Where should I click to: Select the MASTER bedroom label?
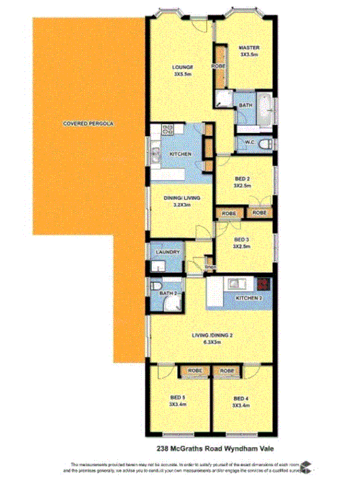point(249,48)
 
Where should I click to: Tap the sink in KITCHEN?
point(154,153)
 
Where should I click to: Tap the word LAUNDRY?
point(166,252)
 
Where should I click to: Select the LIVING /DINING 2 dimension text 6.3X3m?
point(212,343)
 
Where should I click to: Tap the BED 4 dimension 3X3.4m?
point(240,405)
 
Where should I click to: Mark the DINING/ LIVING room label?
point(175,197)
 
